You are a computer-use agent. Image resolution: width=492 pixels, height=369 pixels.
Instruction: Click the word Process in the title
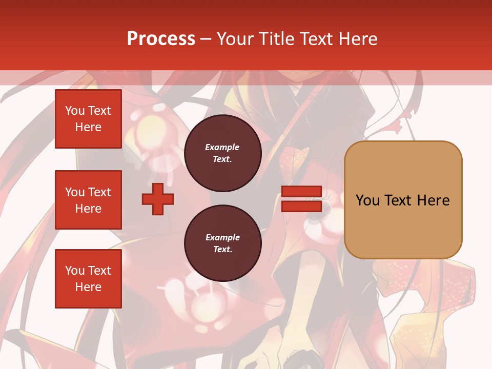[x=161, y=39]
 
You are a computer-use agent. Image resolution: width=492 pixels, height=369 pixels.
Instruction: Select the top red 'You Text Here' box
[x=88, y=119]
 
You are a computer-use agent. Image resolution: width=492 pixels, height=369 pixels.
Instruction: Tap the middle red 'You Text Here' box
[x=88, y=200]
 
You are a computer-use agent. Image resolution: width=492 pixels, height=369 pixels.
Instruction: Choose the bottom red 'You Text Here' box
[x=88, y=279]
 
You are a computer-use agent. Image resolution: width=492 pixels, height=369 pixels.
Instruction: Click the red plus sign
[x=158, y=198]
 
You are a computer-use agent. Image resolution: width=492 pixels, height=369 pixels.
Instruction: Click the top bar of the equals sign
[x=301, y=191]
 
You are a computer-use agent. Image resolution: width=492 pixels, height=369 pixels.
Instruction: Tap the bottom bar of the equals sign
[x=301, y=206]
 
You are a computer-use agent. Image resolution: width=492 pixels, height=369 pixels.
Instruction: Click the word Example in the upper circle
[x=222, y=147]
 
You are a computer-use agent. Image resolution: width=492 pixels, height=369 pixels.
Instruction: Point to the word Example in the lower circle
[x=222, y=237]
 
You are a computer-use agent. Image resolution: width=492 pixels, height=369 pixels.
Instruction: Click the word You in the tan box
[x=367, y=200]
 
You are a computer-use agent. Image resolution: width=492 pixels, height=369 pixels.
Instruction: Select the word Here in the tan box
[x=433, y=200]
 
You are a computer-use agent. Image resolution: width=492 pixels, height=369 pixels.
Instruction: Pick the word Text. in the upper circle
[x=222, y=159]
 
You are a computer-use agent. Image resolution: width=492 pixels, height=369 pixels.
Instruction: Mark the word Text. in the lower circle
[x=222, y=249]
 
